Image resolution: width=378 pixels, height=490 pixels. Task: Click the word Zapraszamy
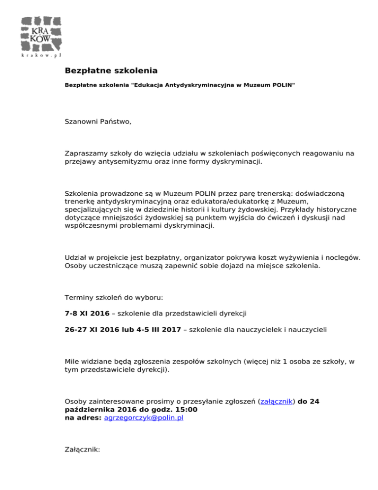pyautogui.click(x=86, y=153)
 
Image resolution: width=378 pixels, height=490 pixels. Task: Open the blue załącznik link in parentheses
pyautogui.click(x=277, y=401)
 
